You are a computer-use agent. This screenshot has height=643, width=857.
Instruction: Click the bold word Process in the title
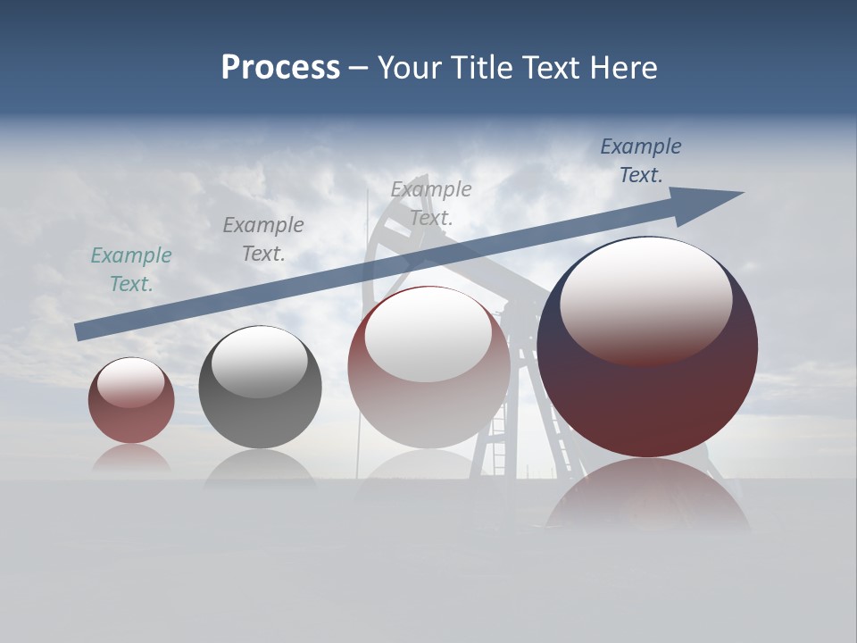[280, 68]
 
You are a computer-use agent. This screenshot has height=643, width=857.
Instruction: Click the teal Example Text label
[131, 270]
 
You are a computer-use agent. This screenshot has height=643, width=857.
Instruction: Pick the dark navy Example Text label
[641, 161]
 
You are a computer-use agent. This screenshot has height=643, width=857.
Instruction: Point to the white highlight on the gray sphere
[260, 361]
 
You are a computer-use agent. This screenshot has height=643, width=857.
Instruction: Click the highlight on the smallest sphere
[131, 382]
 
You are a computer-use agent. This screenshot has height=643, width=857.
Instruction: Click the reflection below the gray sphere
[260, 468]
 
